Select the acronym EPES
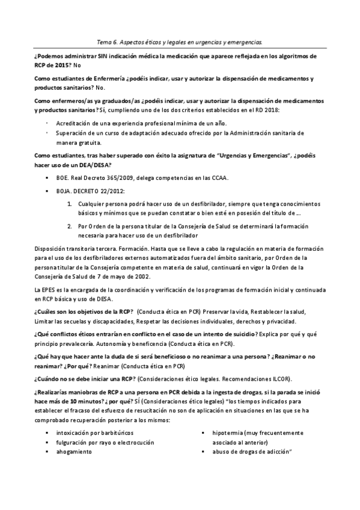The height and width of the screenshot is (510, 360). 44,291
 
